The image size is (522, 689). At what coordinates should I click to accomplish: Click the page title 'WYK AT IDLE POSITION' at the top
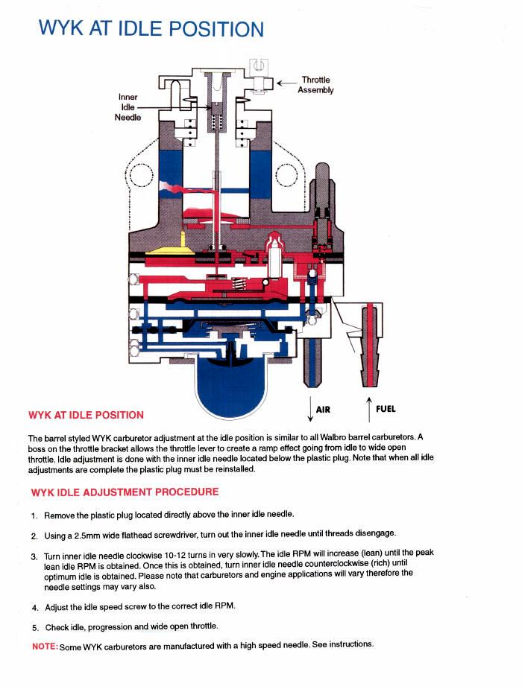pyautogui.click(x=151, y=28)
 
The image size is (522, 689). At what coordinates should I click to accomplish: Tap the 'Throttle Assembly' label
pyautogui.click(x=315, y=85)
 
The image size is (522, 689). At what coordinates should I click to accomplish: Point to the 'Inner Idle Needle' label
pyautogui.click(x=128, y=107)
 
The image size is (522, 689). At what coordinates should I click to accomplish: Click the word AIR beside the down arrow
pyautogui.click(x=323, y=410)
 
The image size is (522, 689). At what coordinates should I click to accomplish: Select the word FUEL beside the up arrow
pyautogui.click(x=386, y=409)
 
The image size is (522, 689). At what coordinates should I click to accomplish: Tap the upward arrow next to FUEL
pyautogui.click(x=368, y=408)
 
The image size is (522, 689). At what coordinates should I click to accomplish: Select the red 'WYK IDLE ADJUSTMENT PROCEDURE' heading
pyautogui.click(x=125, y=492)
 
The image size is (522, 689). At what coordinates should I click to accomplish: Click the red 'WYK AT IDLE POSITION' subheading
pyautogui.click(x=86, y=415)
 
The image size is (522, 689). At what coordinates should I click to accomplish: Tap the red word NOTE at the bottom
pyautogui.click(x=45, y=646)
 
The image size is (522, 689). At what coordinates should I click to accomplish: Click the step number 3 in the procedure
pyautogui.click(x=34, y=556)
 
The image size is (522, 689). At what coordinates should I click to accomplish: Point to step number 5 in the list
pyautogui.click(x=35, y=627)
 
